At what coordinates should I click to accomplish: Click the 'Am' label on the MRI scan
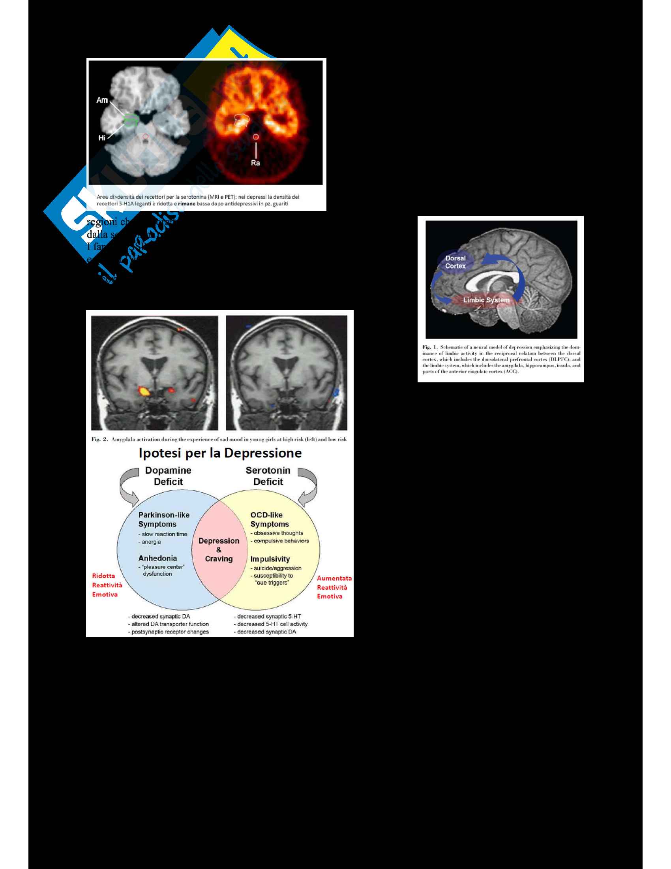coord(102,100)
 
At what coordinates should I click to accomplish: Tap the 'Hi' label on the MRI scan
coord(102,138)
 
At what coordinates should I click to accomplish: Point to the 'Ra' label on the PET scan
coord(255,163)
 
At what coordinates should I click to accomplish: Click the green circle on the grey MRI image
coord(130,119)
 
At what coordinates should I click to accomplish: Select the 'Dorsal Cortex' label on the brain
coord(455,262)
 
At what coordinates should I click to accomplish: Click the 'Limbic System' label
coord(486,300)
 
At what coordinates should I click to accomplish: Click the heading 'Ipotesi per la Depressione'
coord(220,453)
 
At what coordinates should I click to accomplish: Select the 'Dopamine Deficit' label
coord(168,476)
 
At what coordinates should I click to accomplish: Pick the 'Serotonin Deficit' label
coord(268,476)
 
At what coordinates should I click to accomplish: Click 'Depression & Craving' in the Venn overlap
coord(219,549)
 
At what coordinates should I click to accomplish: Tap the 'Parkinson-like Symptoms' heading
coord(163,519)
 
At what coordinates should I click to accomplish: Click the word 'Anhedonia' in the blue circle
coord(157,558)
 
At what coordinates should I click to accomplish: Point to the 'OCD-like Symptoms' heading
coord(269,519)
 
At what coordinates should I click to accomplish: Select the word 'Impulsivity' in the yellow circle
coord(270,559)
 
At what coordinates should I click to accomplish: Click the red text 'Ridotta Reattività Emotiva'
coord(107,585)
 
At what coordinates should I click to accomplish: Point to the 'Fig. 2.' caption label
coord(99,439)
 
